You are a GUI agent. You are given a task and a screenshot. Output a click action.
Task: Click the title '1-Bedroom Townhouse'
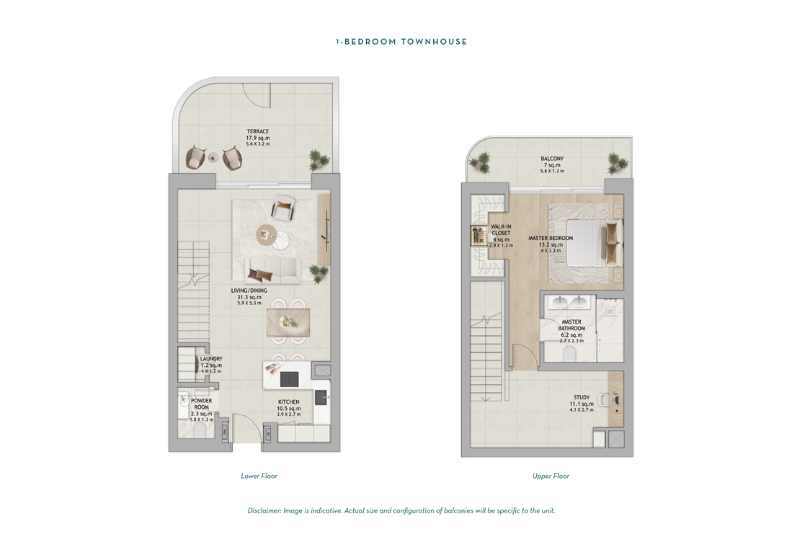pyautogui.click(x=401, y=42)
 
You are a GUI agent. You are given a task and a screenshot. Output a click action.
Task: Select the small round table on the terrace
pyautogui.click(x=214, y=156)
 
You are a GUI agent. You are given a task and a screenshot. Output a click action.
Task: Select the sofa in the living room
pyautogui.click(x=272, y=271)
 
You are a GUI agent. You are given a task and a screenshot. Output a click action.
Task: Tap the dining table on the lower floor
pyautogui.click(x=288, y=322)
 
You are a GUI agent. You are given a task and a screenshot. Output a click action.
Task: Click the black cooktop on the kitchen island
pyautogui.click(x=289, y=380)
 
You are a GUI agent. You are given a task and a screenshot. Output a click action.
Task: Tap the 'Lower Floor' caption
pyautogui.click(x=259, y=476)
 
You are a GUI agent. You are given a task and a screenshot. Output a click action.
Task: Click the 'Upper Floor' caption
pyautogui.click(x=551, y=476)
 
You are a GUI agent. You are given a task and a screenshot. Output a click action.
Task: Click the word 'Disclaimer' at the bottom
pyautogui.click(x=264, y=510)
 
